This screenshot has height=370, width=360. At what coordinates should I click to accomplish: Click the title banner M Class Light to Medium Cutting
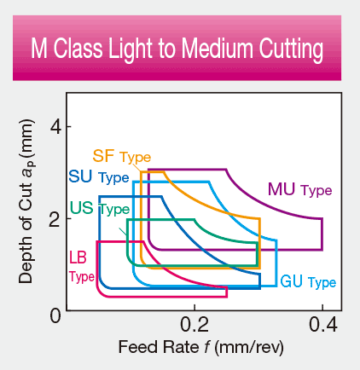[x=179, y=49]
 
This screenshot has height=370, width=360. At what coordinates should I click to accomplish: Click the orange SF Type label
[x=120, y=157]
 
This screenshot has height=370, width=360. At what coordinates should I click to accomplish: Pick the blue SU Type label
[x=97, y=178]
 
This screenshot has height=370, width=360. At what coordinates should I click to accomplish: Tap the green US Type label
[x=99, y=209]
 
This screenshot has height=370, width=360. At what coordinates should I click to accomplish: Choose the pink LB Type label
[x=81, y=265]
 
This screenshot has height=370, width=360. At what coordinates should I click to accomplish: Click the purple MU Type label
[x=298, y=189]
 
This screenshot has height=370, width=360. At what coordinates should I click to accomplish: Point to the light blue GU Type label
[x=307, y=281]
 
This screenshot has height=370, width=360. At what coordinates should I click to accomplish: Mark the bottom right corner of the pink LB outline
[x=227, y=296]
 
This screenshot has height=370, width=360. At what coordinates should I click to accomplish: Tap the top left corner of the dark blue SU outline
[x=100, y=197]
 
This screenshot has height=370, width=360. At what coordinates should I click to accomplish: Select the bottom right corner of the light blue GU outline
[x=276, y=286]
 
